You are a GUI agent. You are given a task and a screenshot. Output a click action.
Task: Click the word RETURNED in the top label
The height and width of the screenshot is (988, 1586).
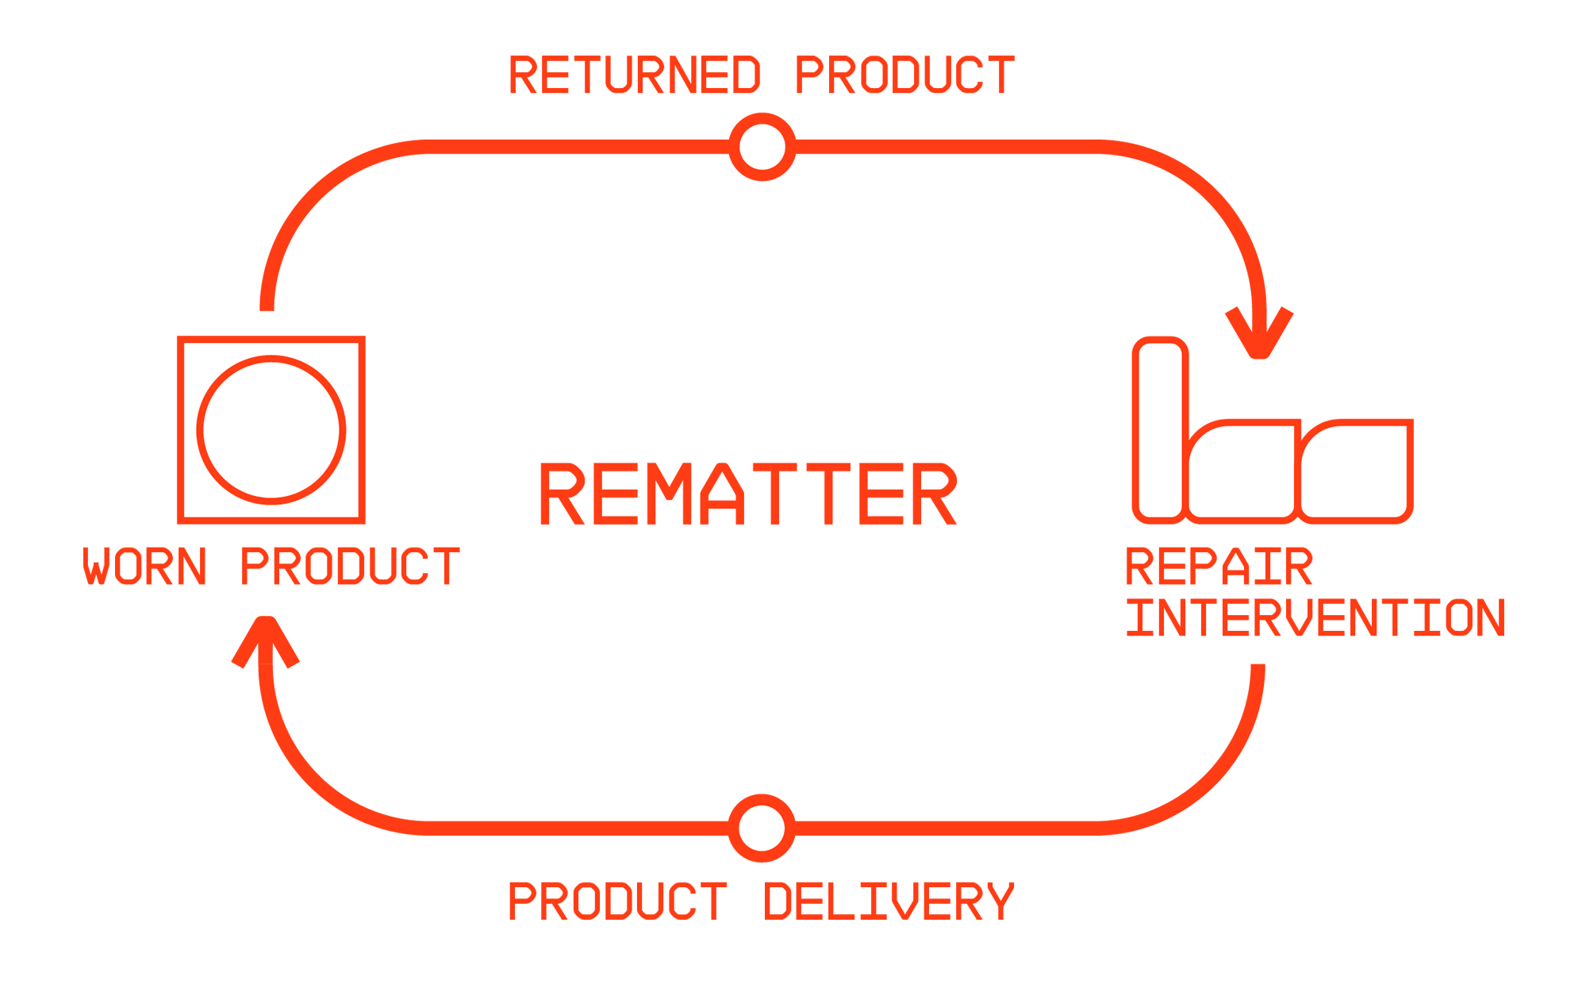click(635, 75)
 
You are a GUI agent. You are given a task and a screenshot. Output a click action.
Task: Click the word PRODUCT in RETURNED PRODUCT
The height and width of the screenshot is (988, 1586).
click(905, 75)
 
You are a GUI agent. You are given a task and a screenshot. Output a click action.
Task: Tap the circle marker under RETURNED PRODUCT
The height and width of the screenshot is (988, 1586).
click(762, 147)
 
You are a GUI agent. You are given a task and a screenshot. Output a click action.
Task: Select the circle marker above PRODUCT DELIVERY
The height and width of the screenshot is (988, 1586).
click(762, 828)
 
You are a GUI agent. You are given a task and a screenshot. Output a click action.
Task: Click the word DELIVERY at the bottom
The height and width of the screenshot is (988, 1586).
click(889, 902)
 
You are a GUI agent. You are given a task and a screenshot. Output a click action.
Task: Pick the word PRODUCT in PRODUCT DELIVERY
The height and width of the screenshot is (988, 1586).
click(618, 902)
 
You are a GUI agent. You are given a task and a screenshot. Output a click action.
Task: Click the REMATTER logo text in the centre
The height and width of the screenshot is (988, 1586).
click(748, 494)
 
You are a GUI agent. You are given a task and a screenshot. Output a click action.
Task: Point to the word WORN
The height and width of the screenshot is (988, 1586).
click(145, 566)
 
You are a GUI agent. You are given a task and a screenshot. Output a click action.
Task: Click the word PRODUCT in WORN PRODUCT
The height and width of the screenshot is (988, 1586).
click(351, 566)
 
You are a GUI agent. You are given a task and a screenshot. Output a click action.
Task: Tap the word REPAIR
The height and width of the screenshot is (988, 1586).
click(1219, 566)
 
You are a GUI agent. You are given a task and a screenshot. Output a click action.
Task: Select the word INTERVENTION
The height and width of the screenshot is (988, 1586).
click(1315, 617)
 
